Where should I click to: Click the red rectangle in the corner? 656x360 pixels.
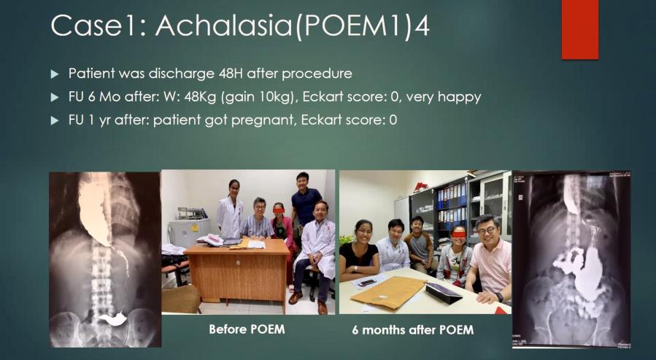pos(580,29)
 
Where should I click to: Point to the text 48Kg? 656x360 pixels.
pos(200,98)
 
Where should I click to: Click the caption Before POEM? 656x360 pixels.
pos(247,329)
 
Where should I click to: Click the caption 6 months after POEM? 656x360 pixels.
pos(413,330)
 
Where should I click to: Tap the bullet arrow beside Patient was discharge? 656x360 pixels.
pos(55,74)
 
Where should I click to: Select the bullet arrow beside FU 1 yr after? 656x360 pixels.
pos(55,121)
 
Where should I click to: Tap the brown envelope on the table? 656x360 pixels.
pos(387,293)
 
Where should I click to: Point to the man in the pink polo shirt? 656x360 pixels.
pos(490,259)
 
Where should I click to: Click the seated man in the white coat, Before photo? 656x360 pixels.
pos(314,251)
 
